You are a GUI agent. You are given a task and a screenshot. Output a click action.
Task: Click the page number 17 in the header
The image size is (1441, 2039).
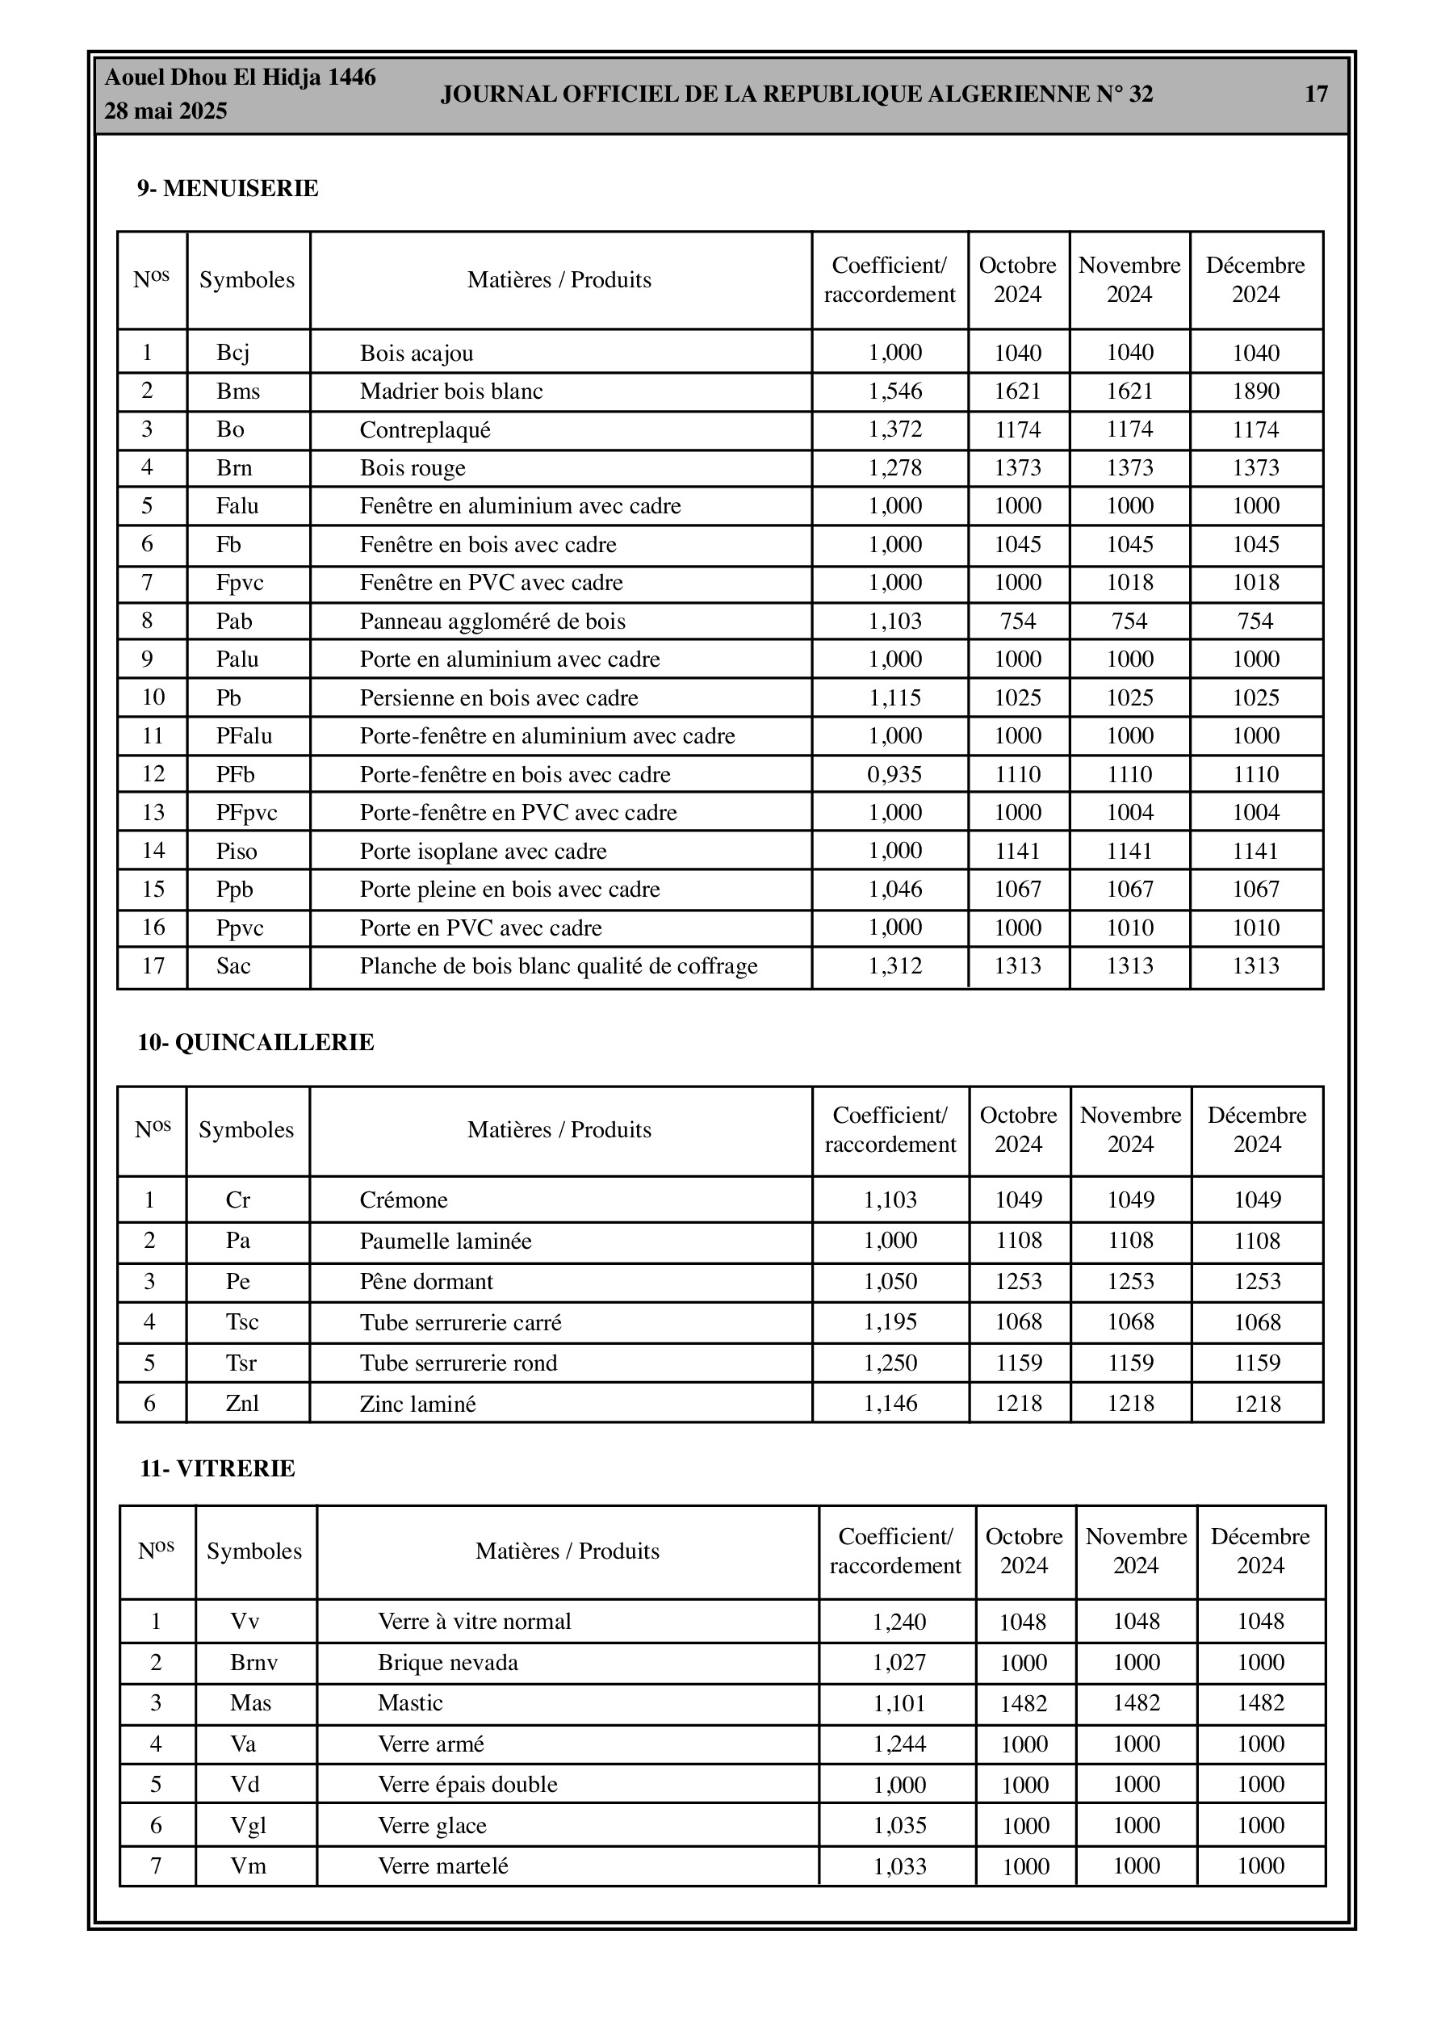tap(1316, 94)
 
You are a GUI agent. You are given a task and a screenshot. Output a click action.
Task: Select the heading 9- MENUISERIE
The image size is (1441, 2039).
tap(228, 189)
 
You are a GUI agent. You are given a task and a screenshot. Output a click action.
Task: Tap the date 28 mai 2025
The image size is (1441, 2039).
tap(166, 111)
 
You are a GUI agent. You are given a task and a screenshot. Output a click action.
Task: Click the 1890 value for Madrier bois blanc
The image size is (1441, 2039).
tap(1255, 391)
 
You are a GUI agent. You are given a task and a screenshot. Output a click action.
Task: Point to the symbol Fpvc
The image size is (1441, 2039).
tap(240, 584)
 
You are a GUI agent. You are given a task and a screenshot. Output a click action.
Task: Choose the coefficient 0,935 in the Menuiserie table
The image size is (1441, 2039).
tap(894, 774)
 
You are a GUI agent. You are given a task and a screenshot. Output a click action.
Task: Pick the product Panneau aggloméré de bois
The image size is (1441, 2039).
tap(492, 622)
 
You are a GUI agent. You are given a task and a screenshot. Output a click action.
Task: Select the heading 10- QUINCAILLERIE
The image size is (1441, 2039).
tap(256, 1043)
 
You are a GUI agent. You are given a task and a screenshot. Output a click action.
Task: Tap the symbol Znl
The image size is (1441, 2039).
tap(242, 1404)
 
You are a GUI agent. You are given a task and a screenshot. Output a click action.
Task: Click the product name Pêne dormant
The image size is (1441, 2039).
tap(426, 1283)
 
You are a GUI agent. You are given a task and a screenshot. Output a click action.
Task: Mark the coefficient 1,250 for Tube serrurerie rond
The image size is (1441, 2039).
tap(891, 1363)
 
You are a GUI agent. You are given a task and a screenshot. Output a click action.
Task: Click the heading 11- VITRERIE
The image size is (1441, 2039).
tap(218, 1469)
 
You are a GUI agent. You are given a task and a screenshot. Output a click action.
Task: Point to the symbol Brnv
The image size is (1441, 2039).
tap(254, 1663)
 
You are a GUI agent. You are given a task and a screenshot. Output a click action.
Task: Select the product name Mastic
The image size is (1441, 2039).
tap(410, 1703)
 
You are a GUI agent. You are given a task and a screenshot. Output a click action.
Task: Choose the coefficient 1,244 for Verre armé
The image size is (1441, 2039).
tap(900, 1744)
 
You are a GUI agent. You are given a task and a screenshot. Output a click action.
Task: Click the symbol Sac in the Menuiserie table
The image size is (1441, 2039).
tap(233, 966)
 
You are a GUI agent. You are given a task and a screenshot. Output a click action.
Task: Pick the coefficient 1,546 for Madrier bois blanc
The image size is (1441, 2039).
tap(894, 391)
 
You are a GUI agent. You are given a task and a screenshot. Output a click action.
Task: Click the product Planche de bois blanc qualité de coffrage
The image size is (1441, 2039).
tap(558, 966)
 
